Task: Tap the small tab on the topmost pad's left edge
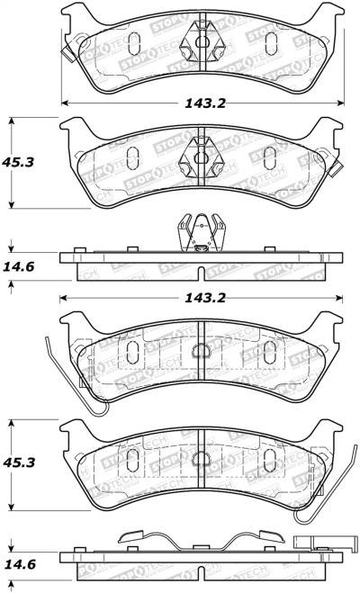tap(67, 51)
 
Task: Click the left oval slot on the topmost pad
tap(131, 41)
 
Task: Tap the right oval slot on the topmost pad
tap(271, 41)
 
